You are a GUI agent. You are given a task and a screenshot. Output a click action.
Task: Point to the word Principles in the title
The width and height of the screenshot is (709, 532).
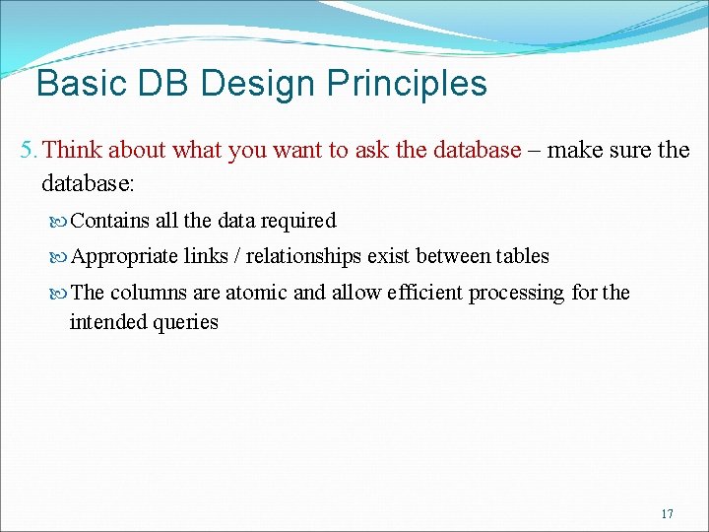(x=409, y=84)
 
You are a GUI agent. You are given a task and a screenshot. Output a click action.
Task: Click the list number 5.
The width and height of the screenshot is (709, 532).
(x=29, y=150)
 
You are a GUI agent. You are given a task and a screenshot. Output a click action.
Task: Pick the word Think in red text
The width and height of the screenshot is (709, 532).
(x=73, y=150)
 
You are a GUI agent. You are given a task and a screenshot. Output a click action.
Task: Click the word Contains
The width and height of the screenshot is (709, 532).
(x=111, y=221)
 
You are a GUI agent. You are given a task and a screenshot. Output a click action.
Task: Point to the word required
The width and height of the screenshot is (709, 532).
(x=298, y=221)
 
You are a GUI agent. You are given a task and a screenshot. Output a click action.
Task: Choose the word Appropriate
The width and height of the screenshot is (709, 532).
(x=125, y=256)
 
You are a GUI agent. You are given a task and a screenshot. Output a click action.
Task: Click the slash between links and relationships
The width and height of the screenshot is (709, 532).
(x=236, y=256)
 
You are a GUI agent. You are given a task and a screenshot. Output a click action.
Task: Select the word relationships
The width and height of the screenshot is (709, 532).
(x=303, y=256)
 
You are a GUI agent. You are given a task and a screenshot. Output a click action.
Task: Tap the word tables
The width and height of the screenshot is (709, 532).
(x=522, y=256)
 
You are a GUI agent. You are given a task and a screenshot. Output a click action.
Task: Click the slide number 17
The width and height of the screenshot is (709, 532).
(x=667, y=513)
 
